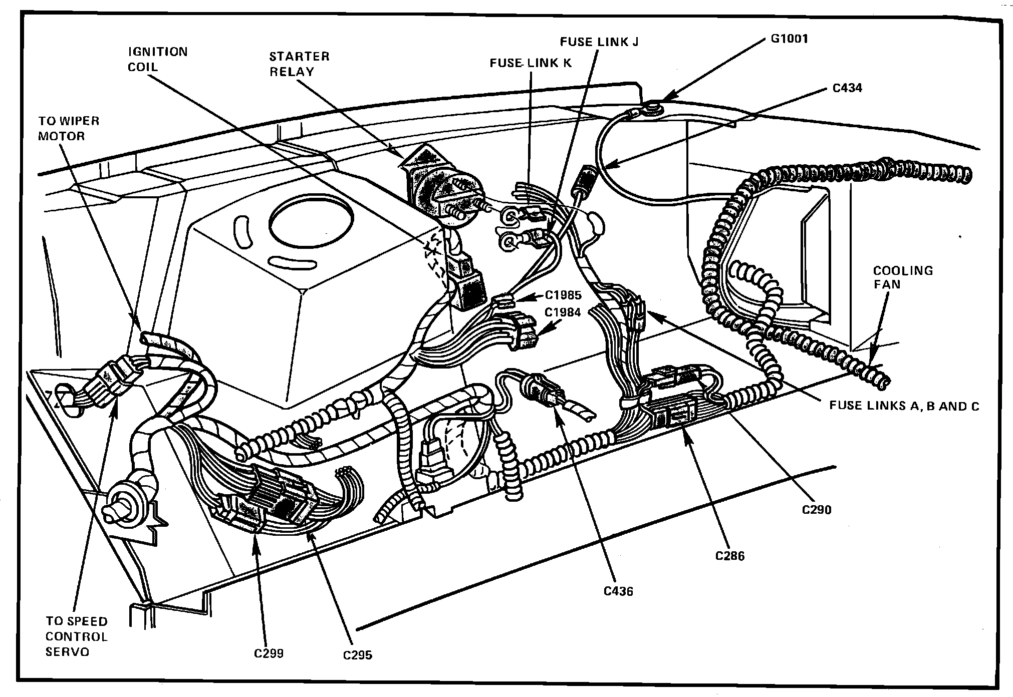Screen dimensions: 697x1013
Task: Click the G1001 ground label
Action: pos(789,39)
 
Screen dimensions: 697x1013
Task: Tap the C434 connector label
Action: pos(847,88)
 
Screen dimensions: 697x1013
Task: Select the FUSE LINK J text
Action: pos(599,42)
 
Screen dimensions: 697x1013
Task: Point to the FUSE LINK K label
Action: pos(531,63)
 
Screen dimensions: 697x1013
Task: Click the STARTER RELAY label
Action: pos(299,64)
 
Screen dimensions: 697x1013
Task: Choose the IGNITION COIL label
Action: pos(157,59)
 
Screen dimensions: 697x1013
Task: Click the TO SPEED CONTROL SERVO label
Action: pos(76,636)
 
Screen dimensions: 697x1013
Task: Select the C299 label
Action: pos(269,653)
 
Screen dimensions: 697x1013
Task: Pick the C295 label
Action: pos(358,655)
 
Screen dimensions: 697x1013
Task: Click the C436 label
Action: pos(618,591)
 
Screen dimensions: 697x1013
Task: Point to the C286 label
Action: pos(730,556)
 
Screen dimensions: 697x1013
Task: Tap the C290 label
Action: pos(816,510)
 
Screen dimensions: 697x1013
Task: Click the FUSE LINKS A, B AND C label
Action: pos(904,406)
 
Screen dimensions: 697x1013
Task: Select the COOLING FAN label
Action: pos(903,277)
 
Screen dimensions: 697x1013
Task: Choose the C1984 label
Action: pos(563,312)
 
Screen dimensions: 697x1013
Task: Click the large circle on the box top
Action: pos(311,221)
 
